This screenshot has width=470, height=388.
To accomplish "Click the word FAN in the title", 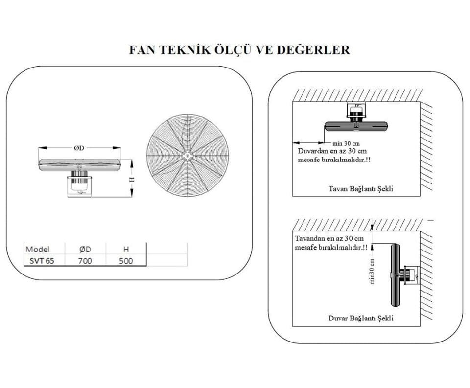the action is click(x=141, y=50).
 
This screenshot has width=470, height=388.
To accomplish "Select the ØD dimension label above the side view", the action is click(x=79, y=148).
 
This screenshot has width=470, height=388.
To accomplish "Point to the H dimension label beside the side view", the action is click(x=131, y=179).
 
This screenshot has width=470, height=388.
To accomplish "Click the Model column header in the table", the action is click(x=38, y=249).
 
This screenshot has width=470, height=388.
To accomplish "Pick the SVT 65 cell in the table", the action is click(x=42, y=261).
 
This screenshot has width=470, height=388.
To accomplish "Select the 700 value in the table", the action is click(x=85, y=261).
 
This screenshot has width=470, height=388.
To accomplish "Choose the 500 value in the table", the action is click(x=126, y=261).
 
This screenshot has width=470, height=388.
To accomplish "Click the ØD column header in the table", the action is click(x=85, y=249).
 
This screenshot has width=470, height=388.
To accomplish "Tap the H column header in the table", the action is click(x=126, y=249).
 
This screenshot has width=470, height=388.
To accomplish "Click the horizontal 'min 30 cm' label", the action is click(x=346, y=143).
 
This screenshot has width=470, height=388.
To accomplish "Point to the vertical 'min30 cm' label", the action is click(x=372, y=272).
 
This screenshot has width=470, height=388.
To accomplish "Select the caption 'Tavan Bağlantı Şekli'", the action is click(x=361, y=189).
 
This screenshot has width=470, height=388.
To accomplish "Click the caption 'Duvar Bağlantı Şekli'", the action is click(x=361, y=318).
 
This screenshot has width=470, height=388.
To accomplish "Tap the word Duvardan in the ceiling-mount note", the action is click(x=311, y=151).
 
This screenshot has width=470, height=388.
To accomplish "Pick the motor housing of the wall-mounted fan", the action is click(x=411, y=274).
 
